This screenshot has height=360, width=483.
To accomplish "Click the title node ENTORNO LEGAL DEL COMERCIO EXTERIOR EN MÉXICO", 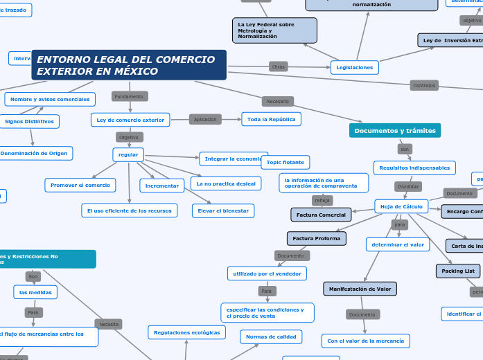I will coord(129,65).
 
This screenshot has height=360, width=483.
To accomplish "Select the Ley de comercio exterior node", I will coord(130,120).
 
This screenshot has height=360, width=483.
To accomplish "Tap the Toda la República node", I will coord(271,119).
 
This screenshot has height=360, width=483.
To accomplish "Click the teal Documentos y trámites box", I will coord(394,130).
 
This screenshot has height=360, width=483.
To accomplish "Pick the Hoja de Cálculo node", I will coord(402,206).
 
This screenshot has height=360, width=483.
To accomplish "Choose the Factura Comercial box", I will coord(321,215).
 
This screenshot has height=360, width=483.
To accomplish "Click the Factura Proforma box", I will coord(316,238).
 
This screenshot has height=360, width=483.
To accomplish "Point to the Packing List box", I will coord(458,271).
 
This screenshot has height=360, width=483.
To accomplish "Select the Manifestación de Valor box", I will coord(360,289).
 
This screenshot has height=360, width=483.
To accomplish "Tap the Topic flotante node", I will coord(285,162).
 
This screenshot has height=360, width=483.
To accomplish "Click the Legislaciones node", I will coord(355,67).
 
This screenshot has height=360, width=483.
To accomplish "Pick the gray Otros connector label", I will coord(279,66).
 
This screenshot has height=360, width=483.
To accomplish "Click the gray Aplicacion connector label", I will coord(205,119).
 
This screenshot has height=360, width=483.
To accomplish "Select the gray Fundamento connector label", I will coord(129,96).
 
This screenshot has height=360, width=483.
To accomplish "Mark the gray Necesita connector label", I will coord(109,324).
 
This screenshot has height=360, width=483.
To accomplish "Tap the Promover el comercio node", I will coord(80,185).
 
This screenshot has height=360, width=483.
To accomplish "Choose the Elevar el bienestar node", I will coord(223,210).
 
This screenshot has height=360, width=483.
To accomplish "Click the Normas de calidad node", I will coord(271,337).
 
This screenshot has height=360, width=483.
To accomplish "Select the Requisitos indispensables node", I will coord(414,168).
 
